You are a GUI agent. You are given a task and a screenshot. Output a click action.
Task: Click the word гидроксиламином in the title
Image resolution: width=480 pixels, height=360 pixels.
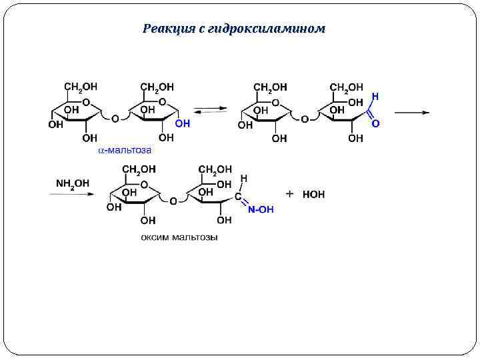[x=266, y=29]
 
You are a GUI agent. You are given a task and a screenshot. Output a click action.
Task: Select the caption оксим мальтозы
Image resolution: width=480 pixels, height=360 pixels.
[x=179, y=237]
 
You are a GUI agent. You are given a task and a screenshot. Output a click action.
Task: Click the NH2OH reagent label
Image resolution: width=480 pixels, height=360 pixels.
[x=73, y=183]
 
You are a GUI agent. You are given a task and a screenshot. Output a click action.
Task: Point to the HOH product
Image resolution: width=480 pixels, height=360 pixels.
[x=313, y=195]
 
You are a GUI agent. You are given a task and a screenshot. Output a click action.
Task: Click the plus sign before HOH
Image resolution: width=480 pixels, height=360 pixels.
[x=290, y=193]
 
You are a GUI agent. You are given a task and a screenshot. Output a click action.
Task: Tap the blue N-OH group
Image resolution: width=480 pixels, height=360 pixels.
[x=260, y=209]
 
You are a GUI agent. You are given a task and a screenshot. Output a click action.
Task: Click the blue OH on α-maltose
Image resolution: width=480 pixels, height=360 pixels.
[x=182, y=124]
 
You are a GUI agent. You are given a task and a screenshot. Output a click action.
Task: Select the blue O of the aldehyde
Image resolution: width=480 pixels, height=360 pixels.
[x=375, y=123]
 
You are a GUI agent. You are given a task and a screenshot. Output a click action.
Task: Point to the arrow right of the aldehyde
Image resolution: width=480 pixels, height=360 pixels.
[x=411, y=112]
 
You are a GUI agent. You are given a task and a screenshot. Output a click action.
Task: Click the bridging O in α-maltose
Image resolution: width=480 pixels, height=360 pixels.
[x=115, y=119]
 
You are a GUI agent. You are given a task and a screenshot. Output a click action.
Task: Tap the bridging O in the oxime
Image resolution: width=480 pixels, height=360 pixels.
[x=173, y=201]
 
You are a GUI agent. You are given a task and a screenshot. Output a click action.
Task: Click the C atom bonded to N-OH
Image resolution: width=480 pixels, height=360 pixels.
[x=237, y=198]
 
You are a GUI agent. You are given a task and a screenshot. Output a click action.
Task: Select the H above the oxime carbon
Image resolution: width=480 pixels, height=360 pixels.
[x=244, y=179]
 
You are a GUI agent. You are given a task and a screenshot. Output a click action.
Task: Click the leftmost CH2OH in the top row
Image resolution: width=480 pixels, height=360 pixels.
[x=81, y=87]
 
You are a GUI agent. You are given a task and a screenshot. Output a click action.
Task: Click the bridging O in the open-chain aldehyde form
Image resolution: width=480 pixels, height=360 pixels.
[x=305, y=119]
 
